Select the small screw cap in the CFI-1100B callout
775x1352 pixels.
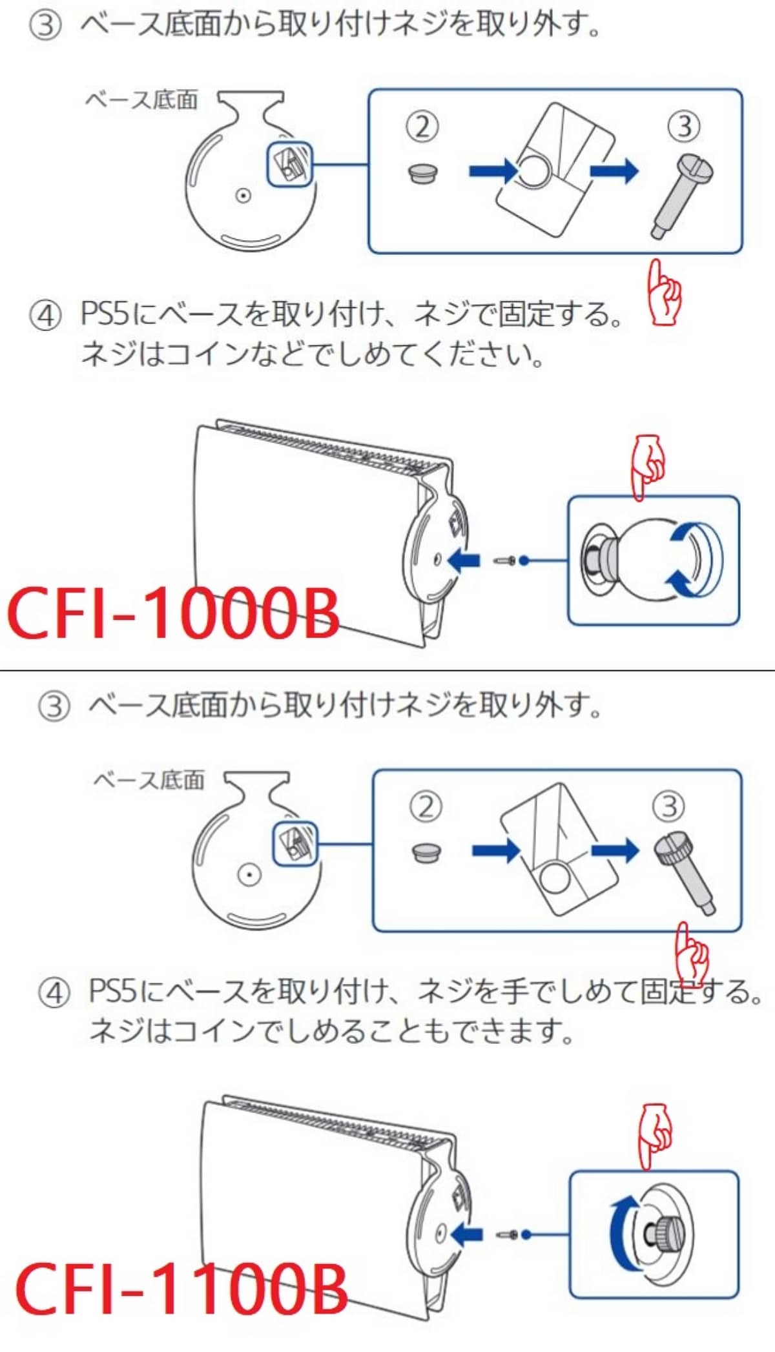point(426,852)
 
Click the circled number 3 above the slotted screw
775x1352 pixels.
point(684,126)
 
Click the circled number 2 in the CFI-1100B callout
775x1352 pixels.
point(426,806)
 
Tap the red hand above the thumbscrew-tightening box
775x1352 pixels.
point(655,1136)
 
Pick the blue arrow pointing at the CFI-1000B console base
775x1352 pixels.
point(464,560)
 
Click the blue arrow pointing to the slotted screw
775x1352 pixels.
point(614,171)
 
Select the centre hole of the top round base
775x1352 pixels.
point(243,196)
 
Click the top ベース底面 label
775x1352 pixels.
point(141,100)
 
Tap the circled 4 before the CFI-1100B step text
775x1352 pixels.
point(54,992)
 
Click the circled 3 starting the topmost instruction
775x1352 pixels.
point(45,26)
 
